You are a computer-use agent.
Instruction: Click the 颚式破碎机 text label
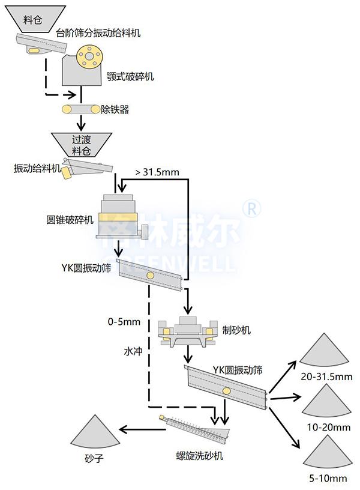(x=130, y=76)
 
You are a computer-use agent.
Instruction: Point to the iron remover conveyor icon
(x=82, y=109)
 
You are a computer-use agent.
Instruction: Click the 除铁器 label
(x=115, y=110)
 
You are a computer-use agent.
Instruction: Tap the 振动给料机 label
(x=37, y=169)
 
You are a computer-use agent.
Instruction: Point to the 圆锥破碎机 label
(x=70, y=219)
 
